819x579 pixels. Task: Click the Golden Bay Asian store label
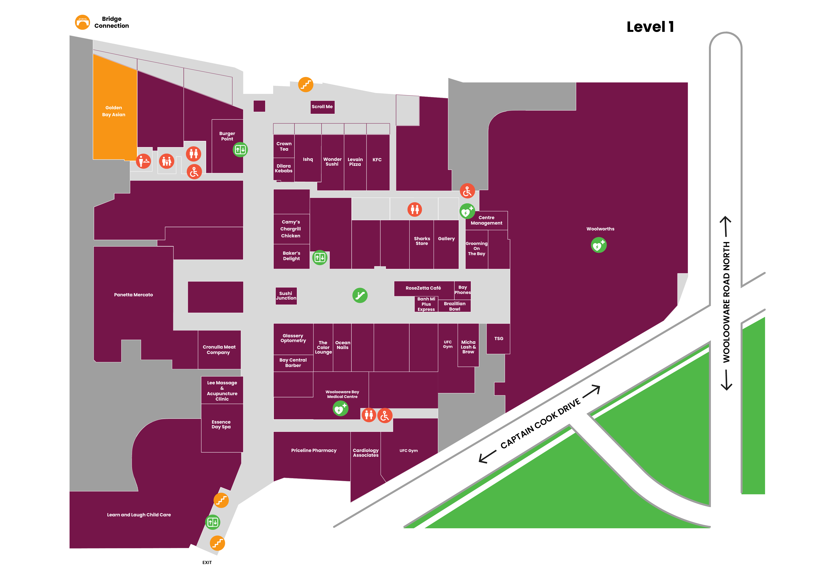point(114,111)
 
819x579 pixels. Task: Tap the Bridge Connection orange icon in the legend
point(82,22)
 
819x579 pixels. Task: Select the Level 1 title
point(650,27)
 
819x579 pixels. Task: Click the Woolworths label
point(600,229)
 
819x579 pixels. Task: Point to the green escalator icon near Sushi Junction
point(360,295)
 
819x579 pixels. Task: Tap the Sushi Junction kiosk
point(286,296)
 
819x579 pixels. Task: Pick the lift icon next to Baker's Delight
point(320,257)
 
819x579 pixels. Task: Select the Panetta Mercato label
point(133,295)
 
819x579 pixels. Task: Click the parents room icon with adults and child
point(167,161)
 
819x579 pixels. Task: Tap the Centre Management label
point(487,220)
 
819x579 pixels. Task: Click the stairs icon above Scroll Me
point(306,85)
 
